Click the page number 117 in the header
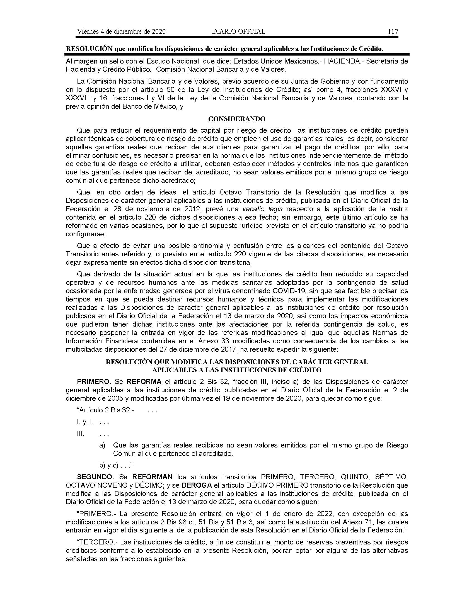click(393, 31)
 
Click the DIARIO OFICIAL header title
click(238, 31)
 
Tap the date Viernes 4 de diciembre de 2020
click(121, 31)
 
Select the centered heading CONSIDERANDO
click(237, 119)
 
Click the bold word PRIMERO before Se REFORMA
click(93, 382)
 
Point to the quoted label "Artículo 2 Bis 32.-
click(106, 410)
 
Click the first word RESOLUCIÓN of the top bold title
click(89, 49)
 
